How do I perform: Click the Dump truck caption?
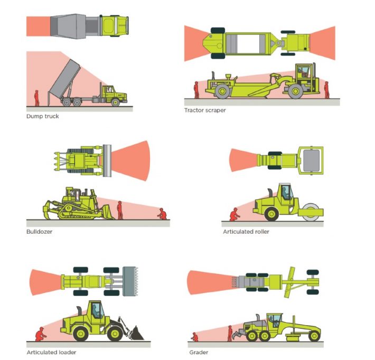tap(43, 116)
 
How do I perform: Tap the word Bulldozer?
tap(40, 232)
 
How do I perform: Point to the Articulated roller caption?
tap(246, 232)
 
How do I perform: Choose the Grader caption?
tap(198, 352)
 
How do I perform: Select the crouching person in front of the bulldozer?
tap(162, 214)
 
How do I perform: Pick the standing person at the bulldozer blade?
tap(120, 210)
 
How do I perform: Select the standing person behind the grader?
tap(230, 334)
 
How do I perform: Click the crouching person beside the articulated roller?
tap(234, 214)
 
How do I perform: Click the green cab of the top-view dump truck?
tap(115, 25)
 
